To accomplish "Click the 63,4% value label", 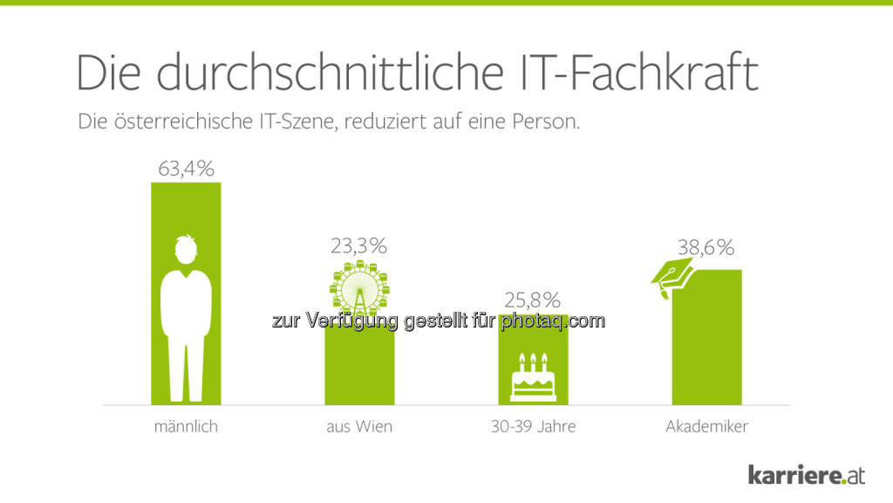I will (186, 168).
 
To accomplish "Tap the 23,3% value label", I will (358, 246).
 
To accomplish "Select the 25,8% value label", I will (533, 300).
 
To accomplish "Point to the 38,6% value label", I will (706, 247).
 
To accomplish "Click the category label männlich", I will (185, 427).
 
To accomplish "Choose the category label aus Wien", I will (358, 427).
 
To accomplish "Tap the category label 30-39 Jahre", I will (533, 427).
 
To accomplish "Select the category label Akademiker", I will (706, 427).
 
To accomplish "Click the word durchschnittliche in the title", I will (328, 73).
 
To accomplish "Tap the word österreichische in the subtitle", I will (181, 121).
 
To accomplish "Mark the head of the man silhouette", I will (185, 249).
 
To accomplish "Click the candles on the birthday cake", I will (533, 359).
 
